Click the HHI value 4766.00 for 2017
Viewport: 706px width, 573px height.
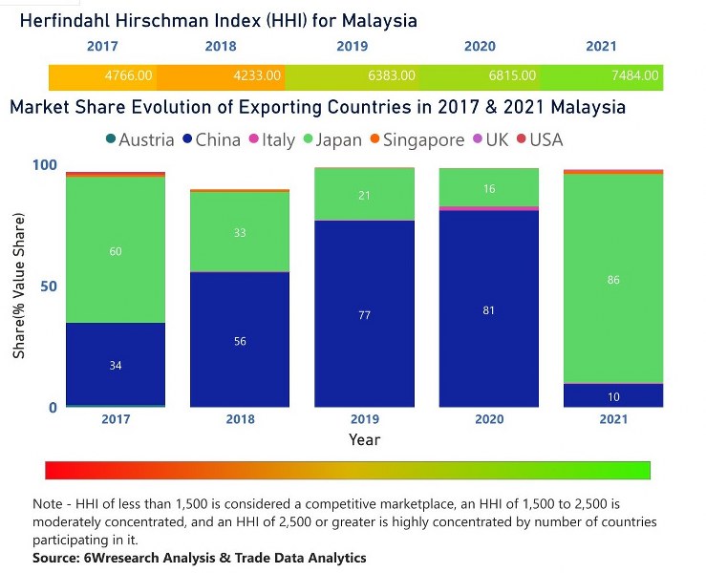point(129,75)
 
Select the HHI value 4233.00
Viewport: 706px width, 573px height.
point(255,75)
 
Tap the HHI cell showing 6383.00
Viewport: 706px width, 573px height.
point(390,75)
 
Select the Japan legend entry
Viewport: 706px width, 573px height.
point(331,140)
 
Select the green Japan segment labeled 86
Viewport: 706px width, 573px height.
point(612,279)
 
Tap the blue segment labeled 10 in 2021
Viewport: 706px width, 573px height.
point(612,395)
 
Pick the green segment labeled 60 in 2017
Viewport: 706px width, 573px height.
point(116,250)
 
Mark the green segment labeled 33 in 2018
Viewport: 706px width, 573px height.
point(240,232)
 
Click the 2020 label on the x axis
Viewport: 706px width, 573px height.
point(488,419)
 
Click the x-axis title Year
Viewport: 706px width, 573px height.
point(364,440)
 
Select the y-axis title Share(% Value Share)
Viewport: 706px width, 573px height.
point(19,286)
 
